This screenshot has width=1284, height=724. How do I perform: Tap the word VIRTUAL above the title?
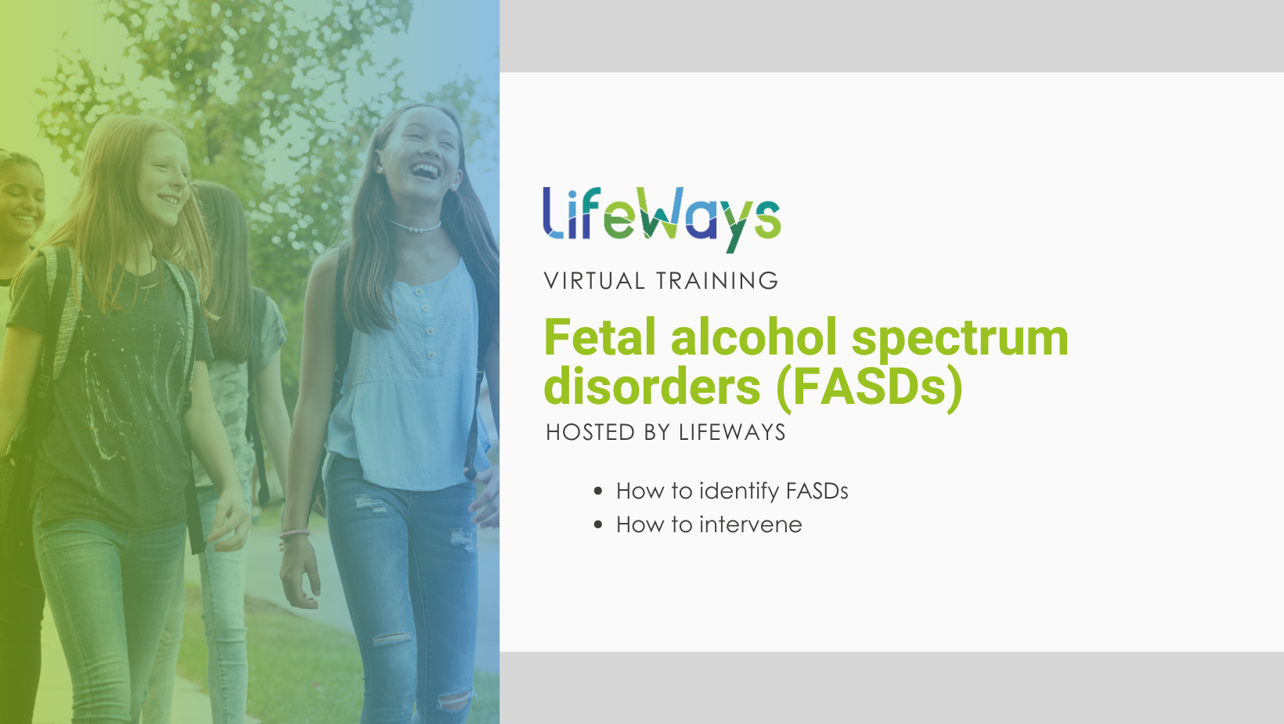point(594,281)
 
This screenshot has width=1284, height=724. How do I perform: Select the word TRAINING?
point(717,281)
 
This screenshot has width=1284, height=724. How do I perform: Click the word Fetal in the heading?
point(600,338)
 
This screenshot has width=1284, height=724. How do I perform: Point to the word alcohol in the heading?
point(753,338)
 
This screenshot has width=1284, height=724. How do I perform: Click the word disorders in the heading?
point(651,387)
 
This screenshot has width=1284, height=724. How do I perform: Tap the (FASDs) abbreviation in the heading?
point(869,387)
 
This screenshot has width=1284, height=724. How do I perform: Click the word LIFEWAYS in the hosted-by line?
point(732,433)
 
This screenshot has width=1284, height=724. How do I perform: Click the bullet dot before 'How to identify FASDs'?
point(598,492)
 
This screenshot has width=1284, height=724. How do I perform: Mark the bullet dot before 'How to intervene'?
point(598,525)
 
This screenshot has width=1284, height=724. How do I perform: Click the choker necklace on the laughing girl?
point(416,229)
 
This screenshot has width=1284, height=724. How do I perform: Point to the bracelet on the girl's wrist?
point(295,535)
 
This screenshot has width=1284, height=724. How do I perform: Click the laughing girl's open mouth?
point(424,170)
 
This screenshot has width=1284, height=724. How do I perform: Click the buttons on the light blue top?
point(427,321)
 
